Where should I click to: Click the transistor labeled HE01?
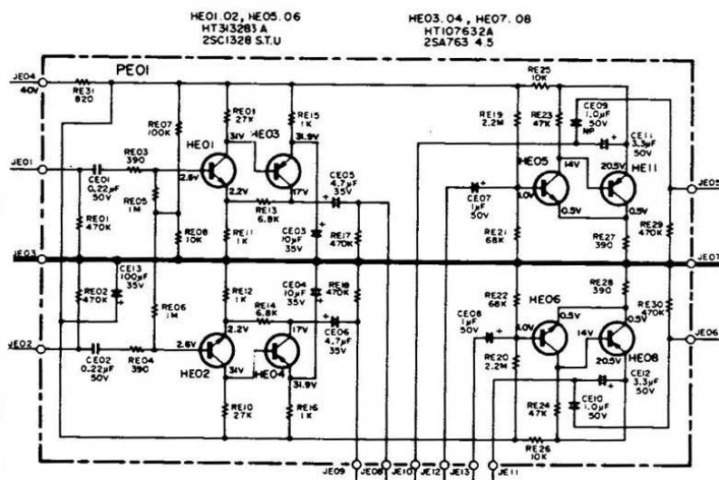pyautogui.click(x=219, y=170)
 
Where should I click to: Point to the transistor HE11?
pyautogui.click(x=617, y=188)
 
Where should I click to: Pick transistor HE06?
pyautogui.click(x=549, y=338)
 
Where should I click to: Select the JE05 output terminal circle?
pyautogui.click(x=692, y=189)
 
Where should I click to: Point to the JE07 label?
pyautogui.click(x=707, y=257)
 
